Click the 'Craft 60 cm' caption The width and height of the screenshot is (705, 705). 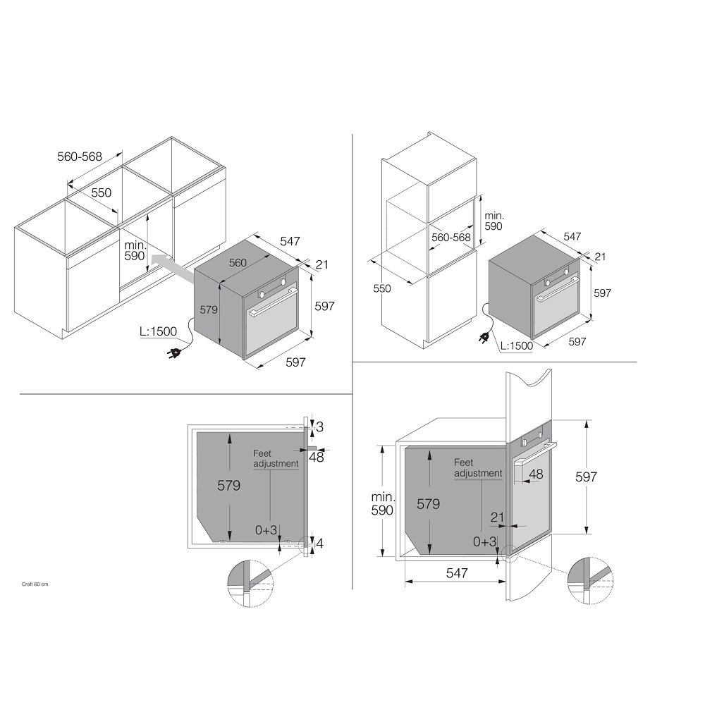tap(35, 584)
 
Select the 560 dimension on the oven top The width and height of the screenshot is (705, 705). tap(238, 262)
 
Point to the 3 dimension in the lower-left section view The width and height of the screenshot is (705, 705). tap(319, 427)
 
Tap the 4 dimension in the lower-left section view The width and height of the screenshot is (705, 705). tap(319, 544)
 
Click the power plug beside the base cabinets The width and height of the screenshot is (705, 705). tap(174, 354)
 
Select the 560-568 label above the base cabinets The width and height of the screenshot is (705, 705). tap(80, 157)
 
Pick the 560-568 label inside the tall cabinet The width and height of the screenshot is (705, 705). tap(451, 237)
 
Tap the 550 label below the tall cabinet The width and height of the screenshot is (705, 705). tap(381, 288)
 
